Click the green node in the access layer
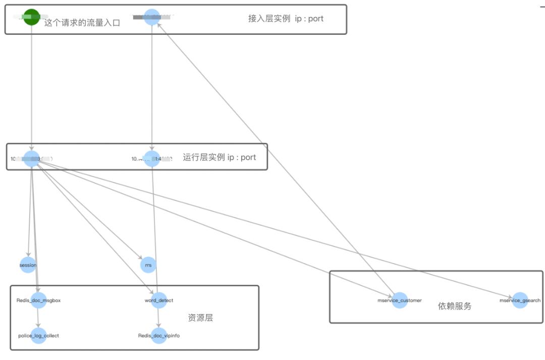[x=31, y=17]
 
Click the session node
[x=28, y=265]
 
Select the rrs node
[x=148, y=265]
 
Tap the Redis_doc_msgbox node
[x=38, y=300]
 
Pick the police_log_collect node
[x=38, y=336]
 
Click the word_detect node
[x=158, y=300]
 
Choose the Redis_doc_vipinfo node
[x=158, y=336]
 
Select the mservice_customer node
[x=399, y=300]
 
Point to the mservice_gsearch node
[x=520, y=300]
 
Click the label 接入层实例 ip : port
[x=286, y=19]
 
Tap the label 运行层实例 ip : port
[x=219, y=158]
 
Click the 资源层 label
[x=200, y=318]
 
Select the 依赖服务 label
[x=455, y=306]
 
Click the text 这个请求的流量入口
[x=82, y=23]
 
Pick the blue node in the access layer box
[x=152, y=17]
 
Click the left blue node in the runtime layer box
[x=31, y=159]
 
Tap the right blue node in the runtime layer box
[x=152, y=159]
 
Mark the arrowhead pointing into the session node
[x=28, y=255]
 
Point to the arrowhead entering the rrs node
[x=142, y=258]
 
